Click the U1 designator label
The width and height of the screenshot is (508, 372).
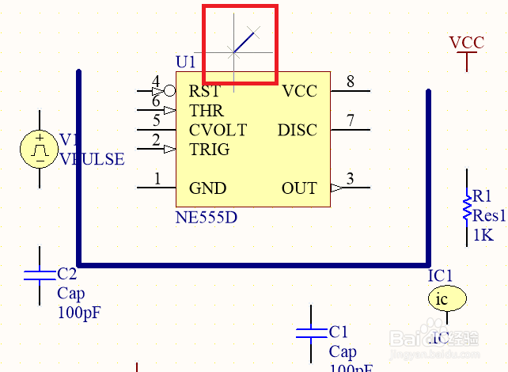[185, 62]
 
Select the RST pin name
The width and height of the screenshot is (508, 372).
[204, 91]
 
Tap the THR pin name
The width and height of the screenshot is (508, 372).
[206, 111]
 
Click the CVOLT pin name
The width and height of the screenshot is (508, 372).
[218, 130]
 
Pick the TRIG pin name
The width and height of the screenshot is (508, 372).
[209, 149]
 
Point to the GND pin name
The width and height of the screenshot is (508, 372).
[207, 188]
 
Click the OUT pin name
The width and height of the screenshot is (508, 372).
[298, 188]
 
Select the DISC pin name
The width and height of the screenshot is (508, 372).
[297, 130]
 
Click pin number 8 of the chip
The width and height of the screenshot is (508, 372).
[350, 82]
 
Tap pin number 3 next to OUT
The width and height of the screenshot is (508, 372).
[350, 179]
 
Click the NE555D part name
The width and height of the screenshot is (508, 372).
[206, 215]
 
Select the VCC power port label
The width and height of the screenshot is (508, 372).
[466, 43]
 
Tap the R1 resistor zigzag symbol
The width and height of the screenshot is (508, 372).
[467, 207]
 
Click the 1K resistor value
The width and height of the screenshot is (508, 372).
[483, 235]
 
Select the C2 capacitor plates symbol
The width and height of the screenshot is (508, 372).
[40, 275]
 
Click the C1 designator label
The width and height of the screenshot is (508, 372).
[338, 332]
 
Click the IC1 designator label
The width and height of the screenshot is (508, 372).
[440, 275]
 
